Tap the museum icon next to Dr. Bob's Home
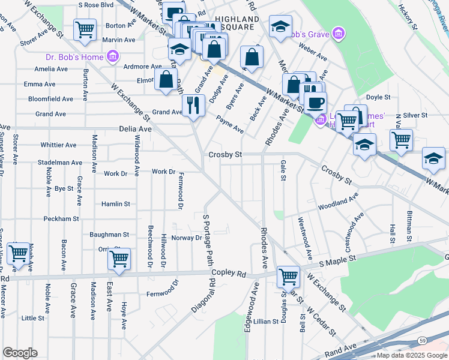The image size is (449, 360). click(112, 57)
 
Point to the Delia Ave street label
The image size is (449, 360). click(136, 128)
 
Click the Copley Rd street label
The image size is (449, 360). click(233, 275)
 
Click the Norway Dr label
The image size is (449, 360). click(187, 238)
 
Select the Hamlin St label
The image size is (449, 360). click(115, 204)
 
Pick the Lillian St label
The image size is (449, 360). click(265, 322)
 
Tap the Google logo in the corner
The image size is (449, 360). click(20, 353)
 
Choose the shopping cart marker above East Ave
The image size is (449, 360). click(119, 259)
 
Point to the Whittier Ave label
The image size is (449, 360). click(58, 145)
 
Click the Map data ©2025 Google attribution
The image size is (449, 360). click(411, 355)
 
